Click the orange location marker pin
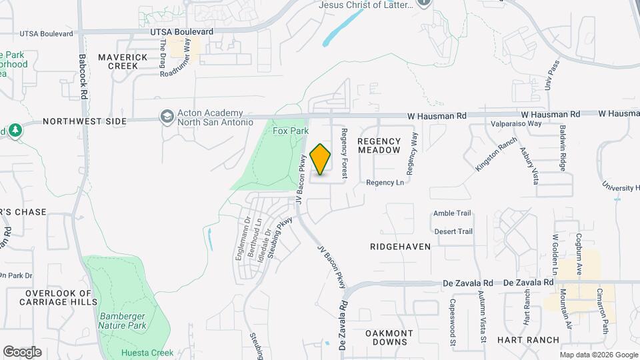pyautogui.click(x=320, y=159)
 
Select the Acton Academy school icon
pyautogui.click(x=166, y=117)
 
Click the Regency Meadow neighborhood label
pyautogui.click(x=379, y=145)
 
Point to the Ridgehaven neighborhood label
pyautogui.click(x=400, y=246)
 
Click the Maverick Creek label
pyautogui.click(x=123, y=61)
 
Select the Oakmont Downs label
pyautogui.click(x=389, y=337)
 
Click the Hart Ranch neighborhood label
pyautogui.click(x=529, y=339)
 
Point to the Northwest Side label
pyautogui.click(x=84, y=121)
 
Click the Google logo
pyautogui.click(x=22, y=351)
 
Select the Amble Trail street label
pyautogui.click(x=452, y=213)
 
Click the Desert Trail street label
pyautogui.click(x=453, y=231)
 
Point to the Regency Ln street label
pyautogui.click(x=385, y=182)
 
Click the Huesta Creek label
pyautogui.click(x=148, y=353)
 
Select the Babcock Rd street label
pyautogui.click(x=84, y=77)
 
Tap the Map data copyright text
pyautogui.click(x=598, y=355)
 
